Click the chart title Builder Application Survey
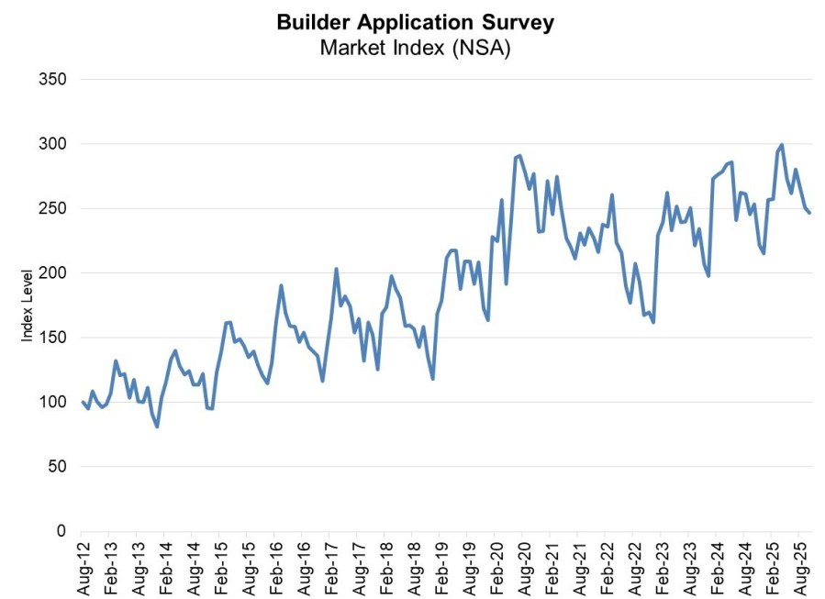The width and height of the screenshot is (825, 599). pos(415,22)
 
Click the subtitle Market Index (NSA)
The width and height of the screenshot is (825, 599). pos(415,48)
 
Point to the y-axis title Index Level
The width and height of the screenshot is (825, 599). pos(27,305)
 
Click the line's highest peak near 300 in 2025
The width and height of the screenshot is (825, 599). pos(781,145)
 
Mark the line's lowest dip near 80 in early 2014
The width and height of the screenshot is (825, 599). pos(157,427)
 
